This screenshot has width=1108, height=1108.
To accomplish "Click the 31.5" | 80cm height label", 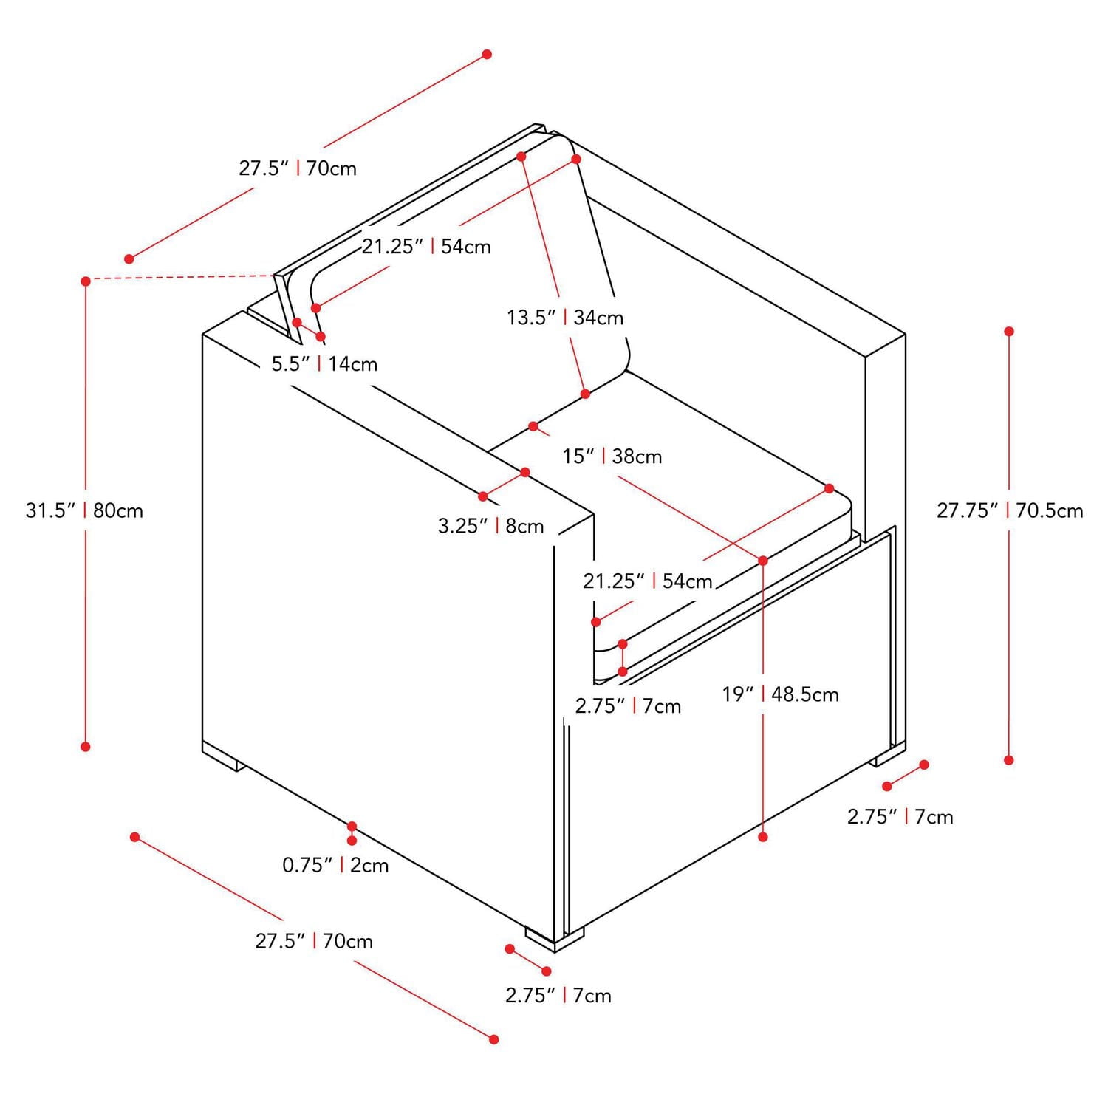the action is pyautogui.click(x=84, y=510).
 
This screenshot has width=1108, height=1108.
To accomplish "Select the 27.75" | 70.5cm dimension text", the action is pyautogui.click(x=1010, y=510).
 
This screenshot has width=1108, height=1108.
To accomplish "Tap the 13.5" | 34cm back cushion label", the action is pyautogui.click(x=565, y=318).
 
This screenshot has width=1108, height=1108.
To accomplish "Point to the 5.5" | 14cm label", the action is pyautogui.click(x=324, y=364).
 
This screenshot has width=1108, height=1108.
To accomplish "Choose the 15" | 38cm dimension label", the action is pyautogui.click(x=612, y=456).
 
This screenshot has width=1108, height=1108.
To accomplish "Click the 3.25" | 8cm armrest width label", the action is pyautogui.click(x=490, y=526).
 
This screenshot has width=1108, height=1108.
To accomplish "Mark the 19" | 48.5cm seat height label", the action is pyautogui.click(x=780, y=694).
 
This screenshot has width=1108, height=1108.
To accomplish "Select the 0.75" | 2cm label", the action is pyautogui.click(x=335, y=865).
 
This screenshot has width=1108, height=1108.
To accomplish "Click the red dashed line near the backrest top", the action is pyautogui.click(x=180, y=278).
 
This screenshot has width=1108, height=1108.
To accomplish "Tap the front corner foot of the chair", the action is pyautogui.click(x=554, y=940).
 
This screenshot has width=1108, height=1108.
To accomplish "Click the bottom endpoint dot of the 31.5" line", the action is pyautogui.click(x=86, y=747).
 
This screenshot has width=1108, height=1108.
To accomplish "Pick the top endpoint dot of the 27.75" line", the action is pyautogui.click(x=1009, y=331).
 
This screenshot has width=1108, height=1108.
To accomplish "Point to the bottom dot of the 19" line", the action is pyautogui.click(x=763, y=837).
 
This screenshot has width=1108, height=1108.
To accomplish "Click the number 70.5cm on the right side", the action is pyautogui.click(x=1050, y=510).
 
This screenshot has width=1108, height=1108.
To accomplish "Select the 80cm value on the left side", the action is pyautogui.click(x=118, y=510).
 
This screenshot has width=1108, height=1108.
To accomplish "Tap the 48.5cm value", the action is pyautogui.click(x=805, y=694).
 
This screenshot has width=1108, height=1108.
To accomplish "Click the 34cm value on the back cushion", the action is pyautogui.click(x=599, y=318).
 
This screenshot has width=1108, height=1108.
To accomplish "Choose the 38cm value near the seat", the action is pyautogui.click(x=637, y=456).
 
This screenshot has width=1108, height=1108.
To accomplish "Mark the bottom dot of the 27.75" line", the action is pyautogui.click(x=1009, y=760).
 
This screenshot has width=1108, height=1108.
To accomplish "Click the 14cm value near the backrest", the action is pyautogui.click(x=353, y=364).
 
